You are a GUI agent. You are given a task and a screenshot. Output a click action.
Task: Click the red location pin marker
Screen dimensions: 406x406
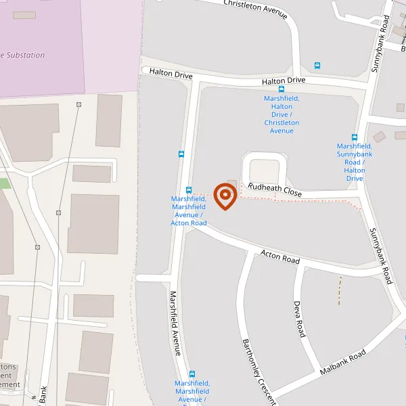point(225,196)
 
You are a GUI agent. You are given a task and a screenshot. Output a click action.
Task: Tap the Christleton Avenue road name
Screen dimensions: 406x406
point(255,9)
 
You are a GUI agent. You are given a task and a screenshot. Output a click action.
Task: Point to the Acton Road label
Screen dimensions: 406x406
point(280,257)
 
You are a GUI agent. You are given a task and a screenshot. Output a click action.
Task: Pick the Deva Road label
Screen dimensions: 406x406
point(300,319)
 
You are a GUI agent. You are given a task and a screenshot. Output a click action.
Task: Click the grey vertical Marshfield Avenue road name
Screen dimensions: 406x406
point(175,323)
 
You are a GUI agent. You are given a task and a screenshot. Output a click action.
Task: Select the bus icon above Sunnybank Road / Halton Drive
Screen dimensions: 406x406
point(355,137)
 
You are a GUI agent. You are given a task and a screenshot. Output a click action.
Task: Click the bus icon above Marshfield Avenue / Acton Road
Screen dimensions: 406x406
point(189,190)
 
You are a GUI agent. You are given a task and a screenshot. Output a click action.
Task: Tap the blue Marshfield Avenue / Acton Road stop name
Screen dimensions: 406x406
point(189,210)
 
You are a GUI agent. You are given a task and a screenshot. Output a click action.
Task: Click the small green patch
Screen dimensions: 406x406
point(5,183)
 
